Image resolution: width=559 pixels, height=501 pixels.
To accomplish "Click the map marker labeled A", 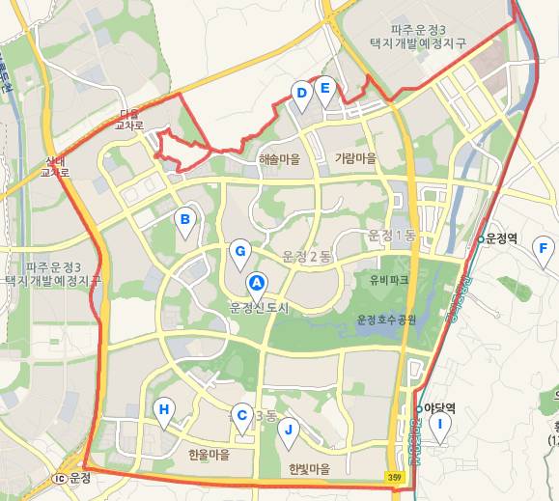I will [x=257, y=283].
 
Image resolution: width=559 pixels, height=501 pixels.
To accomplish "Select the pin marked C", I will [x=243, y=412].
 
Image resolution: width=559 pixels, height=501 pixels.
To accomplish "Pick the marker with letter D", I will [x=302, y=94].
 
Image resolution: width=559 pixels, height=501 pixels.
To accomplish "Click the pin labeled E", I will [x=325, y=89].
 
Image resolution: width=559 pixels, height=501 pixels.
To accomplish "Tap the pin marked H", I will [x=165, y=410].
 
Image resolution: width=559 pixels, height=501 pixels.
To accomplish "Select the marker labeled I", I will [x=441, y=425].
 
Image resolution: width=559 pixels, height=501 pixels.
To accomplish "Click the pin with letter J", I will [x=288, y=431].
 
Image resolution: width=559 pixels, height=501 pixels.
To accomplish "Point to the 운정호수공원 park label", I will [x=386, y=320].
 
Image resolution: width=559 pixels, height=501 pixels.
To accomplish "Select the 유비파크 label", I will [x=389, y=280].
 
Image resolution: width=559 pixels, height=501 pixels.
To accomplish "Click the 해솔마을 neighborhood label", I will [x=279, y=158].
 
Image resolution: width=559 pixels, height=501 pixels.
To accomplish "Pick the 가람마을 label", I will [x=355, y=157].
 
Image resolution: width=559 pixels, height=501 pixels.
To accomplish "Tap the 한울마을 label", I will [x=210, y=454].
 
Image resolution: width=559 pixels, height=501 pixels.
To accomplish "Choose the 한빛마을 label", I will [x=309, y=469].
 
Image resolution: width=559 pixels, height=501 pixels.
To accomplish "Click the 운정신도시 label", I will [x=260, y=308].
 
